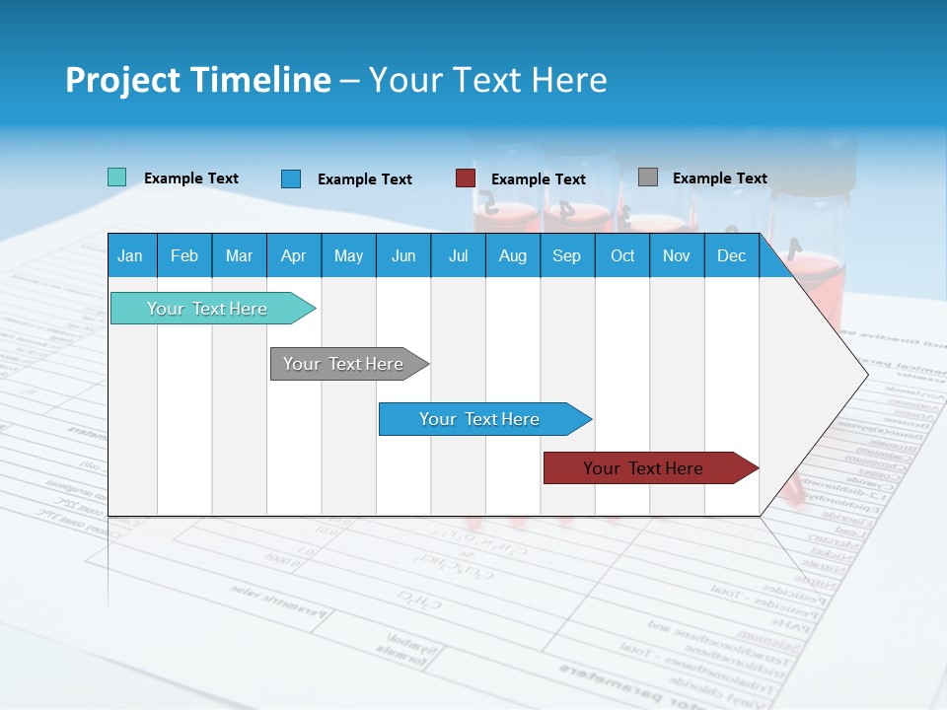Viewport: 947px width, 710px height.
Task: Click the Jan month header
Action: tap(130, 255)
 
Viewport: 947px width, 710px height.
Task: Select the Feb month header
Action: tap(184, 255)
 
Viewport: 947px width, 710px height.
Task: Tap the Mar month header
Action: tap(239, 255)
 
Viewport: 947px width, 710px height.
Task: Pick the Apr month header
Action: tap(293, 255)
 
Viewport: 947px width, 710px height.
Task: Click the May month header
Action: tap(348, 255)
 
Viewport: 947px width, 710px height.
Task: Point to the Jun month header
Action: tap(403, 255)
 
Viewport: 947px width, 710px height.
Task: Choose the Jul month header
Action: tap(458, 255)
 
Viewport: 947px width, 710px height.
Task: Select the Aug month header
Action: tap(512, 255)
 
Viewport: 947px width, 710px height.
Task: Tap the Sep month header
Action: tap(566, 255)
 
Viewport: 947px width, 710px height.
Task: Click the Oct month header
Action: tap(622, 255)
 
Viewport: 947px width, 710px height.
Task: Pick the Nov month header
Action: tap(677, 255)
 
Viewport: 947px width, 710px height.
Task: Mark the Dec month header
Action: tap(731, 255)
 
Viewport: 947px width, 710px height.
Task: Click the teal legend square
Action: tap(116, 177)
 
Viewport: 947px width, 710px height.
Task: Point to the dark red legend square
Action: tap(466, 177)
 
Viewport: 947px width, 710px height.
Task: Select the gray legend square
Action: tap(647, 177)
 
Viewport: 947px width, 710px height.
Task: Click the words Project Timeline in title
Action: tap(198, 80)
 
